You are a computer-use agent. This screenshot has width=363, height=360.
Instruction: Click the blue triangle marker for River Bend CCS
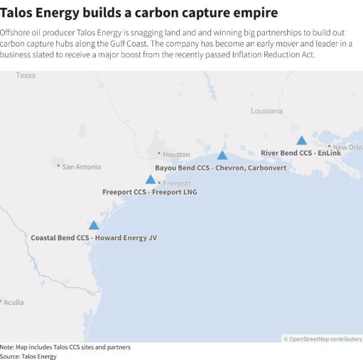pyautogui.click(x=301, y=141)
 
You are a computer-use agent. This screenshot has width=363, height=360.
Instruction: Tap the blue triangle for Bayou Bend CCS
pyautogui.click(x=222, y=155)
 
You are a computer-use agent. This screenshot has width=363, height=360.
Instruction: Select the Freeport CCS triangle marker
pyautogui.click(x=150, y=180)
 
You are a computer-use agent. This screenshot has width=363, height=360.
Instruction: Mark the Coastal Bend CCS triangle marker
pyautogui.click(x=93, y=226)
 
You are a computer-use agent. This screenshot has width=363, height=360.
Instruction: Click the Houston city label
pyautogui.click(x=176, y=154)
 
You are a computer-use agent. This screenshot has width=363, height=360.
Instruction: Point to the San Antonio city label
pyautogui.click(x=82, y=166)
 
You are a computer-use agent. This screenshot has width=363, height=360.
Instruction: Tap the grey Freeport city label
pyautogui.click(x=177, y=183)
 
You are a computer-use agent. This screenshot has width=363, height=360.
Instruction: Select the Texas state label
pyautogui.click(x=26, y=76)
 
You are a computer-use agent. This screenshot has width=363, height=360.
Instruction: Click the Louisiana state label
pyautogui.click(x=267, y=111)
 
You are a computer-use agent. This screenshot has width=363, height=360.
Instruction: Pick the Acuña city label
pyautogui.click(x=13, y=302)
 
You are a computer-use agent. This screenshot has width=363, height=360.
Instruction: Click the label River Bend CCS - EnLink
pyautogui.click(x=301, y=153)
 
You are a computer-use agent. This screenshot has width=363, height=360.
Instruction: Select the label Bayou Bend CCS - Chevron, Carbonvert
pyautogui.click(x=220, y=168)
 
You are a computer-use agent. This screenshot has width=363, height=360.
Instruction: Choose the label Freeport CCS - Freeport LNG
pyautogui.click(x=149, y=192)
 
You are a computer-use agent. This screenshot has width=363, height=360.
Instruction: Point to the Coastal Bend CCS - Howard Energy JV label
pyautogui.click(x=94, y=238)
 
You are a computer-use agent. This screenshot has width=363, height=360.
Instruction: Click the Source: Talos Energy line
pyautogui.click(x=28, y=356)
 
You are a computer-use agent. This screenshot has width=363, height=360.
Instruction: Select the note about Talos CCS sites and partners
pyautogui.click(x=65, y=347)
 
